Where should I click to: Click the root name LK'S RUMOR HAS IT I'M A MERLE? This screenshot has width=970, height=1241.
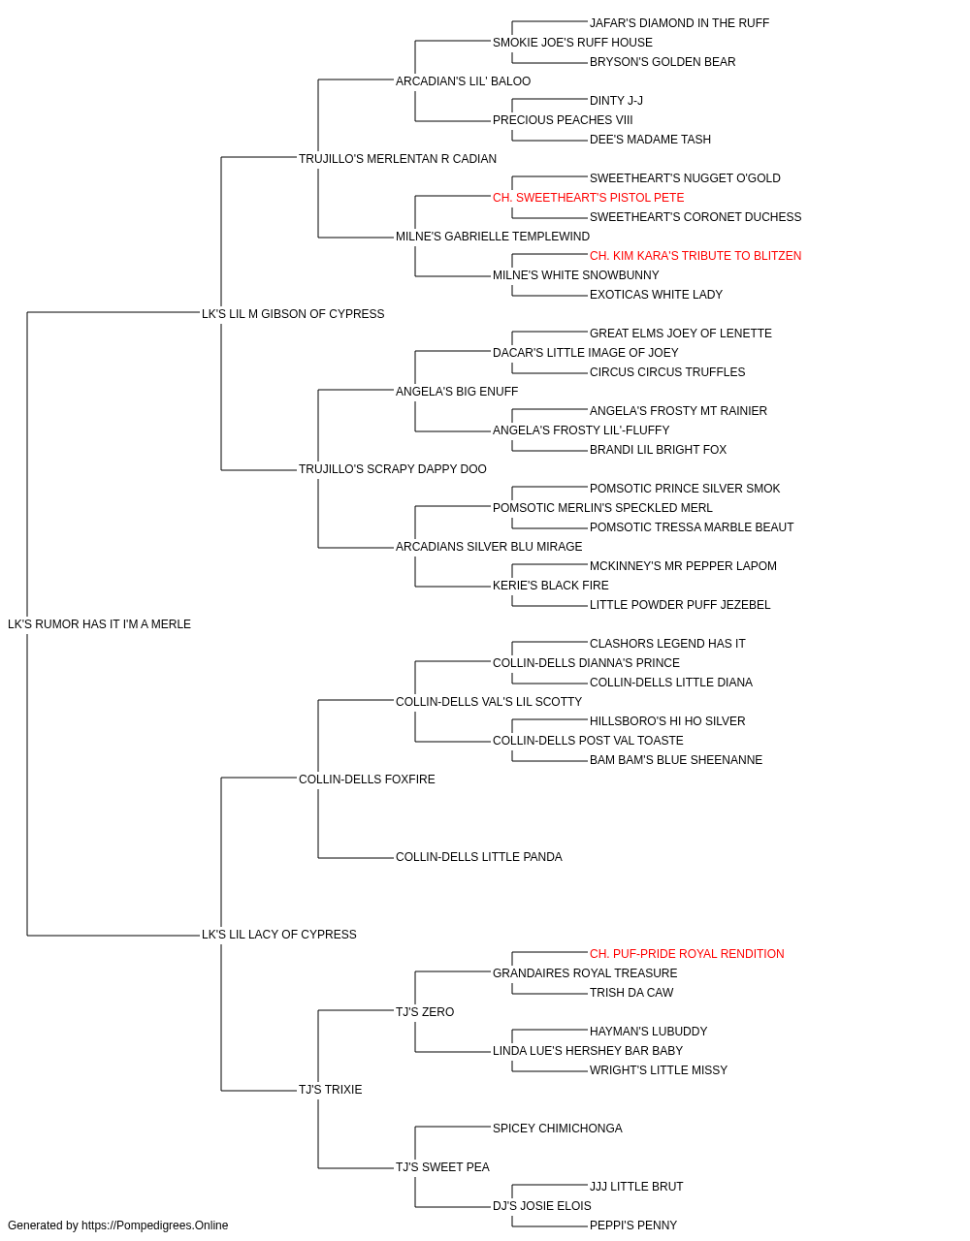pos(99,624)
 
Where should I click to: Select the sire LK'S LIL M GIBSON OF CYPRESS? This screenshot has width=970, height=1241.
pos(293,314)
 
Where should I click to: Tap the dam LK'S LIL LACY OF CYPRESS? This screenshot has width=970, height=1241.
pos(278,935)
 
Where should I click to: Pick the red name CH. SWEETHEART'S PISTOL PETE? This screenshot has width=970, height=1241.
pos(589,198)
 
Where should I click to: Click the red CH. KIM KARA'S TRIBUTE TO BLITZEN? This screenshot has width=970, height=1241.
pos(695,256)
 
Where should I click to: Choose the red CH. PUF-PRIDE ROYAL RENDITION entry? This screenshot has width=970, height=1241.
pos(687,954)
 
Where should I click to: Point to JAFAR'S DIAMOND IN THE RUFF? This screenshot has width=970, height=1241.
pos(679,23)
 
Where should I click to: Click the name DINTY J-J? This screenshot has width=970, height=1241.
pos(616,101)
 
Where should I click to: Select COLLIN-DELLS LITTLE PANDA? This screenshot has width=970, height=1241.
pos(479,857)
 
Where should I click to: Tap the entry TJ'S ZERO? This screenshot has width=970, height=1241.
pos(425,1012)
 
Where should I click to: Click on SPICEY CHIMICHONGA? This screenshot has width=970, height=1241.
pos(558,1129)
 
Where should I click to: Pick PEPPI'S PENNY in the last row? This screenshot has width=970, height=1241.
pos(633,1225)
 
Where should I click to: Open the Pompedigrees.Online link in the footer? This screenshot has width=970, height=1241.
pos(154,1225)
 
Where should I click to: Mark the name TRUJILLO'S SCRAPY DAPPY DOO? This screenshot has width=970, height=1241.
pos(393,469)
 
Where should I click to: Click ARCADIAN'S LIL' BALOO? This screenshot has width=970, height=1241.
pos(463,81)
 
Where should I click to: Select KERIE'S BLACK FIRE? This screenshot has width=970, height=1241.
pos(551,586)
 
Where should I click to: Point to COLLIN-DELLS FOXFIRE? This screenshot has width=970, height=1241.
pos(367,779)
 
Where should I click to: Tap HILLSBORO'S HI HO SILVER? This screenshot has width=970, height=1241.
pos(667,721)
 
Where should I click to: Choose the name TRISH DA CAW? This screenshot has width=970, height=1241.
pos(631,993)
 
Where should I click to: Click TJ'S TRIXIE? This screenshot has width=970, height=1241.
pos(330,1090)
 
